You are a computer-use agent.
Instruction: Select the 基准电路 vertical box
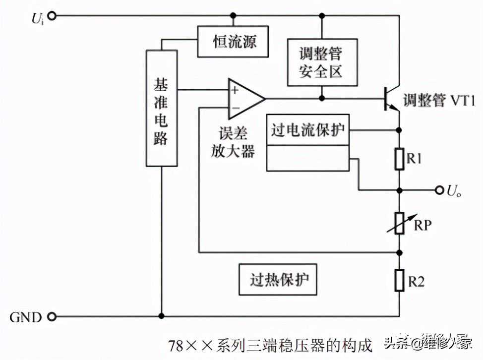(x=161, y=108)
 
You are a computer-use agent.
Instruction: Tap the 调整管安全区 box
(x=321, y=62)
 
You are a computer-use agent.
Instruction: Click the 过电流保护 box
(x=307, y=130)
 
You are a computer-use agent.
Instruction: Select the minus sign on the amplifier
(x=235, y=107)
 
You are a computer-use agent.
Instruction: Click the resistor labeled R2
(x=400, y=281)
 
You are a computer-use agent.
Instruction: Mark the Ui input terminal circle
(x=52, y=16)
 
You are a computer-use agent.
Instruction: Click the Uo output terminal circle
(x=438, y=189)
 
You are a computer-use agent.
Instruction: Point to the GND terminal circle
(x=52, y=316)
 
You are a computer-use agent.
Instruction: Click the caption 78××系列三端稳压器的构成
(x=270, y=344)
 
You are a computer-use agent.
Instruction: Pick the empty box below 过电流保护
(x=307, y=158)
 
